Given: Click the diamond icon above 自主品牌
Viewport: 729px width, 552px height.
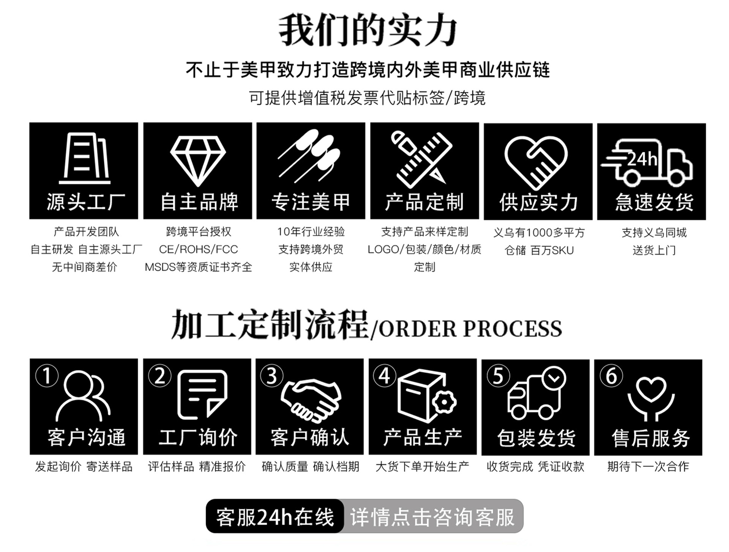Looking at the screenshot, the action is click(x=198, y=160).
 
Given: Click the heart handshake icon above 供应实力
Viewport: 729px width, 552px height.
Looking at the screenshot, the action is click(x=536, y=163).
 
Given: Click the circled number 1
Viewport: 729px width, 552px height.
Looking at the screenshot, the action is click(x=47, y=376).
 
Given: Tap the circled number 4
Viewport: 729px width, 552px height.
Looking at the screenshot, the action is click(x=385, y=376).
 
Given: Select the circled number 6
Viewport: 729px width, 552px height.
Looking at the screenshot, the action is click(x=611, y=376).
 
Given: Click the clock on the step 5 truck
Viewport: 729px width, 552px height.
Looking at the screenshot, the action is click(x=554, y=378).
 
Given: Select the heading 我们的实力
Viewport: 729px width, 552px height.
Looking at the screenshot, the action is click(x=368, y=30).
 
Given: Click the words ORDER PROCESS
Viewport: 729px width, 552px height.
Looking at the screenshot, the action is click(x=470, y=329).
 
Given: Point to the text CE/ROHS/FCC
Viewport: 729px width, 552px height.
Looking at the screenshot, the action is click(x=198, y=249).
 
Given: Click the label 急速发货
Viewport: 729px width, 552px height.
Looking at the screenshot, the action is click(x=654, y=202).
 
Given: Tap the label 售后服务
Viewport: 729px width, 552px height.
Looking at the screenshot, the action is click(x=650, y=438).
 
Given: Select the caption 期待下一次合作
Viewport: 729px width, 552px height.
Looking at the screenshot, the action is click(x=648, y=466).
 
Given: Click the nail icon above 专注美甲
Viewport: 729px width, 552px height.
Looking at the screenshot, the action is click(x=309, y=156).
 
